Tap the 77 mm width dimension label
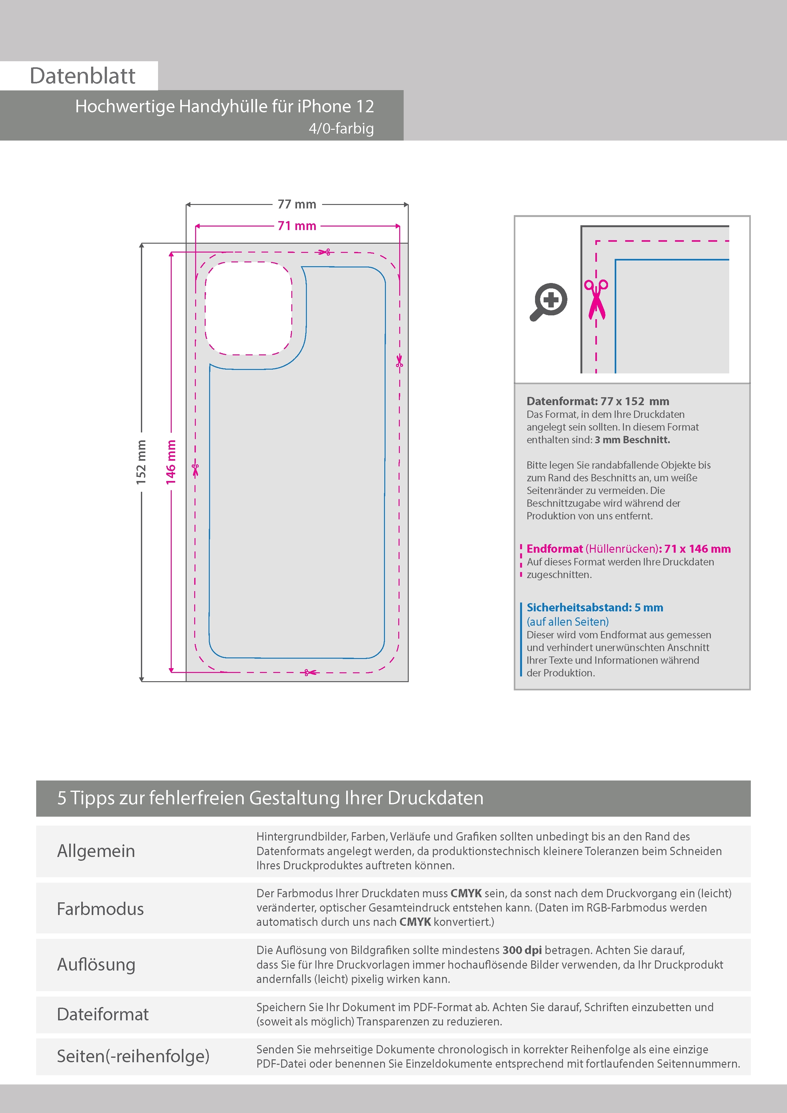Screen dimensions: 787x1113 pyautogui.click(x=297, y=204)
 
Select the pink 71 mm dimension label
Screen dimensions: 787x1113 pyautogui.click(x=297, y=226)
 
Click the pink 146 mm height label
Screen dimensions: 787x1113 pyautogui.click(x=171, y=462)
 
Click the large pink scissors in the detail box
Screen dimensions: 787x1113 pyautogui.click(x=596, y=300)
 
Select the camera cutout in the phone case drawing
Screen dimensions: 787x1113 pyautogui.click(x=248, y=308)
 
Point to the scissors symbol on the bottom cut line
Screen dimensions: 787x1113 pyautogui.click(x=309, y=672)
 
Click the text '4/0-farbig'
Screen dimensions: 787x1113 pyautogui.click(x=341, y=128)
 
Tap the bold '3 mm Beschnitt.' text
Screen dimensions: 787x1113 pyautogui.click(x=632, y=440)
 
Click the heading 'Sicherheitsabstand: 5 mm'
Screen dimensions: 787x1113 pyautogui.click(x=595, y=607)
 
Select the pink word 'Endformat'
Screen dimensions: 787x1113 pyautogui.click(x=555, y=549)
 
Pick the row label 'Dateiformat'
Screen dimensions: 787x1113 pyautogui.click(x=103, y=1014)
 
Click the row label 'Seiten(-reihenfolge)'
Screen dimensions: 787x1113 pyautogui.click(x=133, y=1056)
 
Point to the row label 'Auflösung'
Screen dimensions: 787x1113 pyautogui.click(x=96, y=965)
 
